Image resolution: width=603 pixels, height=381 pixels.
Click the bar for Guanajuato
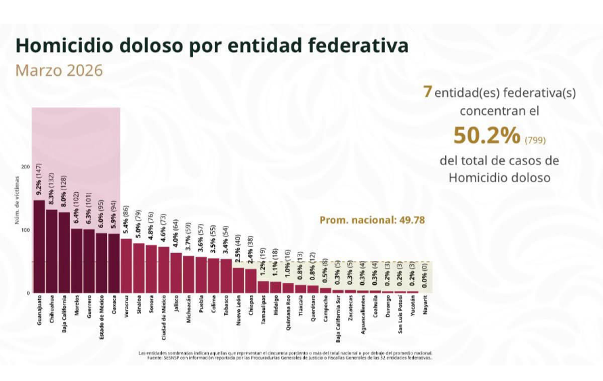pyautogui.click(x=39, y=247)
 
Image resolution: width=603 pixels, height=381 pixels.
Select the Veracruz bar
pyautogui.click(x=126, y=266)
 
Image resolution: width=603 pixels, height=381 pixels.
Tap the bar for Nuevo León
pyautogui.click(x=238, y=280)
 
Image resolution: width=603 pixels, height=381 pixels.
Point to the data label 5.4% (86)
pyautogui.click(x=126, y=222)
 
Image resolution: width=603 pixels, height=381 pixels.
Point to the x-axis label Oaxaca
pyautogui.click(x=114, y=308)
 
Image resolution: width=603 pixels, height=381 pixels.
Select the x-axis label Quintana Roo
pyautogui.click(x=288, y=317)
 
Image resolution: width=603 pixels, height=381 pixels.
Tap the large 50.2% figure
pyautogui.click(x=486, y=136)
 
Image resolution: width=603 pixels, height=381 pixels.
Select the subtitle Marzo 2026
pyautogui.click(x=59, y=70)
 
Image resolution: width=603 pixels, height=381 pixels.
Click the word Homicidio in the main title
pyautogui.click(x=63, y=45)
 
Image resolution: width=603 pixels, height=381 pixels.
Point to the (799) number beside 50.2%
pyautogui.click(x=535, y=140)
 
